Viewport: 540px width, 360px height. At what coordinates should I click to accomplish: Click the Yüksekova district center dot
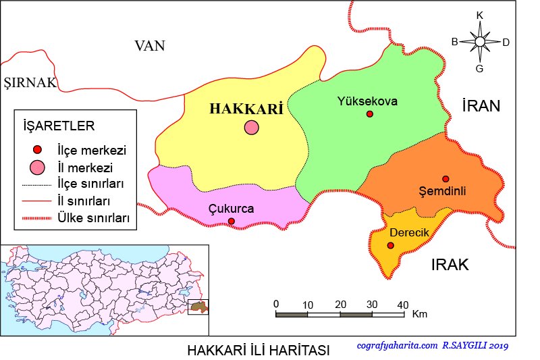click(369, 114)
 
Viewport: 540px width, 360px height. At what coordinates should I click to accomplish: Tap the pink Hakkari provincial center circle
click(252, 127)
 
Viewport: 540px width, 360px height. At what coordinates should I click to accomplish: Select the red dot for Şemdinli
click(446, 178)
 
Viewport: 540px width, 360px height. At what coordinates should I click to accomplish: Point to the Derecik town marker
click(390, 245)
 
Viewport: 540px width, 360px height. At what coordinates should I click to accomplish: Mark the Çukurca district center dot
click(232, 221)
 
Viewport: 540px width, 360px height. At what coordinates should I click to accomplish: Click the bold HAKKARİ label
click(246, 109)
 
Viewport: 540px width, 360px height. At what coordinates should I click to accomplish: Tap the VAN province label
click(150, 46)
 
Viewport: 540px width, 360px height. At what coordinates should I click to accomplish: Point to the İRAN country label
click(481, 105)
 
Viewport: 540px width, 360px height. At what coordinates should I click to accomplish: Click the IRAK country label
click(450, 265)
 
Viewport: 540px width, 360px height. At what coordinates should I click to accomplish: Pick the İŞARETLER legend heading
click(59, 126)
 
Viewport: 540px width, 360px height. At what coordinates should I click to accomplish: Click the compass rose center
click(479, 42)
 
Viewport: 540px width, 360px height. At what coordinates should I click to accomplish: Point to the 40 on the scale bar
click(402, 304)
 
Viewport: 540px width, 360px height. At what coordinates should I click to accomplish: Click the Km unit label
click(419, 315)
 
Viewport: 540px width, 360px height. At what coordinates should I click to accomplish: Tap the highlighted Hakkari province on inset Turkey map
click(198, 307)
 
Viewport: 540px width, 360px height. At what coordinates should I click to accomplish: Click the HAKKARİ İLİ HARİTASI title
click(259, 351)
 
